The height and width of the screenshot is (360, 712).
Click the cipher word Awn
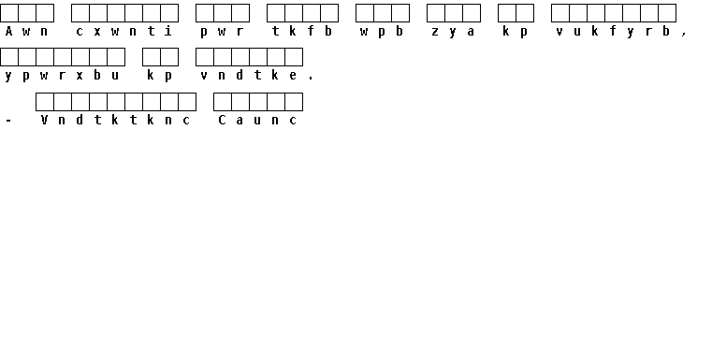pyautogui.click(x=26, y=31)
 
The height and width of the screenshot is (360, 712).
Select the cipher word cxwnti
pyautogui.click(x=124, y=31)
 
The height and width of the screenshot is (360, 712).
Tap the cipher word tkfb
pyautogui.click(x=302, y=31)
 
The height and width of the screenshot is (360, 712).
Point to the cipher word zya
pyautogui.click(x=453, y=32)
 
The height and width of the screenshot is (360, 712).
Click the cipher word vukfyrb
pyautogui.click(x=613, y=32)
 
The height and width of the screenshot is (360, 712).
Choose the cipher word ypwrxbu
pyautogui.click(x=62, y=76)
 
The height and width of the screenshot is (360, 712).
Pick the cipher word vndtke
pyautogui.click(x=249, y=75)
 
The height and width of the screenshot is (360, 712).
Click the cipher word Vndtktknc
pyautogui.click(x=115, y=120)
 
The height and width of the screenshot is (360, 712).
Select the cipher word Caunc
pyautogui.click(x=257, y=120)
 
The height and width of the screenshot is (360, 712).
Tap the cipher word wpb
pyautogui.click(x=382, y=31)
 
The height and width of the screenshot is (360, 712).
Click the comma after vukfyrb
pyautogui.click(x=684, y=34)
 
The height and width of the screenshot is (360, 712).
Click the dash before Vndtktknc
pyautogui.click(x=8, y=121)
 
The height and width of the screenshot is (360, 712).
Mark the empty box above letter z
pyautogui.click(x=436, y=13)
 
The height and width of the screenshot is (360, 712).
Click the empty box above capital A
pyautogui.click(x=9, y=13)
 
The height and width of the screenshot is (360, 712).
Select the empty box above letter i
pyautogui.click(x=169, y=13)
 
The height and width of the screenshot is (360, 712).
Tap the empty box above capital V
pyautogui.click(x=45, y=102)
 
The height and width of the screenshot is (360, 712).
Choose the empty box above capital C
pyautogui.click(x=223, y=102)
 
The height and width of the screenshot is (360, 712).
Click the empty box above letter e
pyautogui.click(x=294, y=57)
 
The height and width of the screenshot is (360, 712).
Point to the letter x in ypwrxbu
pyautogui.click(x=80, y=76)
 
